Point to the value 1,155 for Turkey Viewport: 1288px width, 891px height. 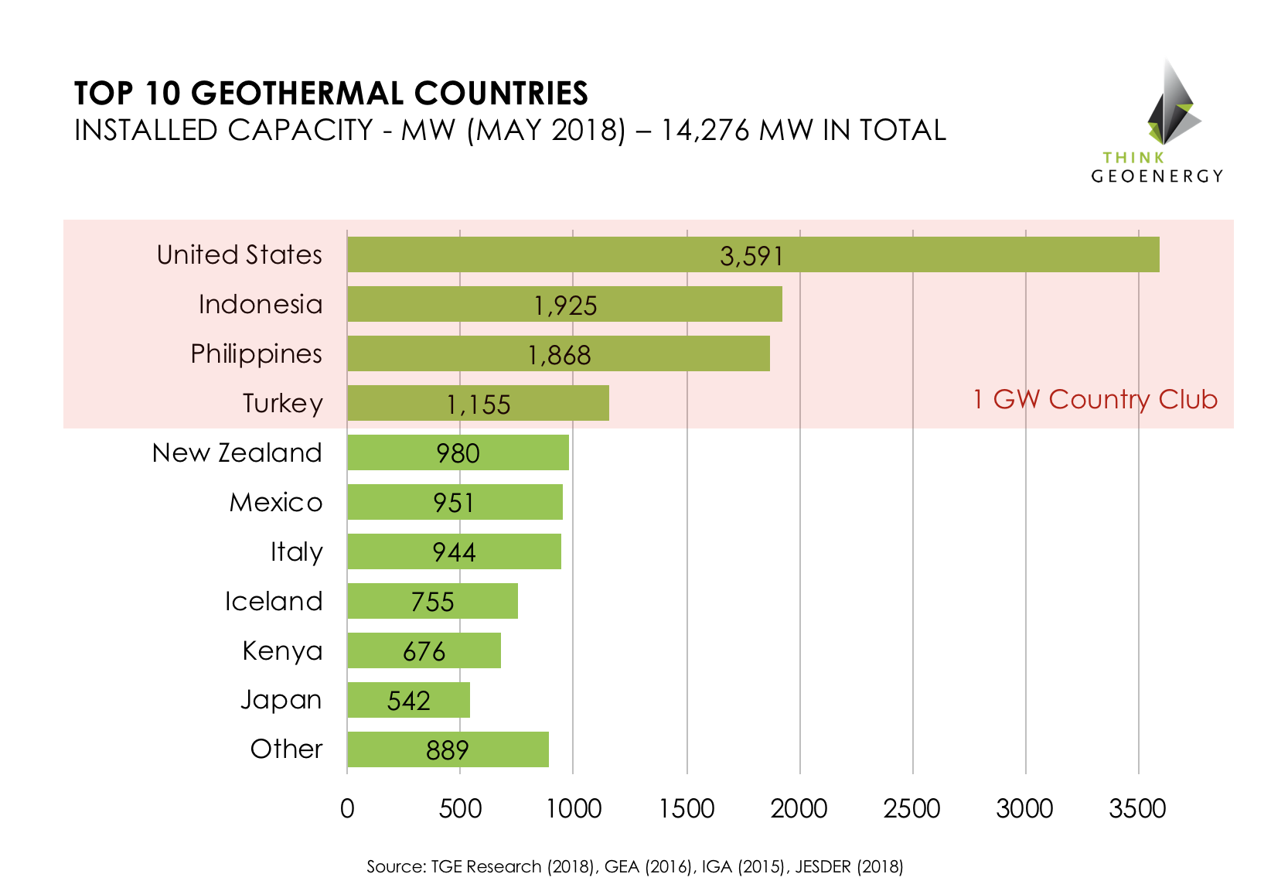tap(479, 405)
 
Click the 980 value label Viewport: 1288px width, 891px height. tap(458, 453)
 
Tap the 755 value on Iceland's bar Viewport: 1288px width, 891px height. tap(432, 602)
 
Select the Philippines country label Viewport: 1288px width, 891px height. tap(256, 354)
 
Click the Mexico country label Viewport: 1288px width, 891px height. tap(275, 503)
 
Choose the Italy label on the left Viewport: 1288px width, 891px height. tap(296, 552)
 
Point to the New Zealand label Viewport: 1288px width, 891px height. tap(237, 453)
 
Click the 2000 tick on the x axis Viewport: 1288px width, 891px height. tap(799, 809)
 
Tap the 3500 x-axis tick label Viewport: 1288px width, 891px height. tap(1137, 809)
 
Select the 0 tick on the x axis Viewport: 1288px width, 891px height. tap(347, 809)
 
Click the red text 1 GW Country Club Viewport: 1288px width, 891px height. tap(1095, 399)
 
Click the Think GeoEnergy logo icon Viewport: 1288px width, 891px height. tap(1172, 104)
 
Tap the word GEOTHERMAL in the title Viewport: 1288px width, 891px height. tap(298, 94)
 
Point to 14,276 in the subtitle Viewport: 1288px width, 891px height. tap(704, 130)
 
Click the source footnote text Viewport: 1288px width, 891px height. tap(635, 866)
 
